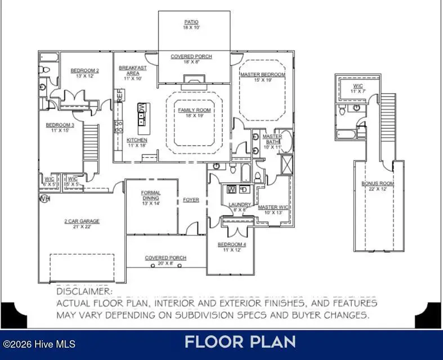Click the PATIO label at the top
tap(191, 22)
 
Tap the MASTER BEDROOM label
tap(262, 74)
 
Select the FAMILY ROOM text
tap(194, 110)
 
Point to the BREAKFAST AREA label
tap(132, 70)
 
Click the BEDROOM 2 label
tap(84, 70)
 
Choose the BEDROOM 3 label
tap(60, 125)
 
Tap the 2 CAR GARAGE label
tap(82, 221)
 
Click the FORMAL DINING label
tap(150, 195)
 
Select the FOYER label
tap(191, 200)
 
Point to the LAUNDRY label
tap(240, 205)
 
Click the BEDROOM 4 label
tap(232, 245)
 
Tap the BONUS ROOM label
tap(378, 184)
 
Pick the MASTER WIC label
tap(273, 207)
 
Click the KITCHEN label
tap(137, 140)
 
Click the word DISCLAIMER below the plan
tap(84, 292)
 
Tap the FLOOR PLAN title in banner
tap(240, 341)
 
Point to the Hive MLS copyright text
tap(39, 344)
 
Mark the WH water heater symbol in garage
tap(44, 198)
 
